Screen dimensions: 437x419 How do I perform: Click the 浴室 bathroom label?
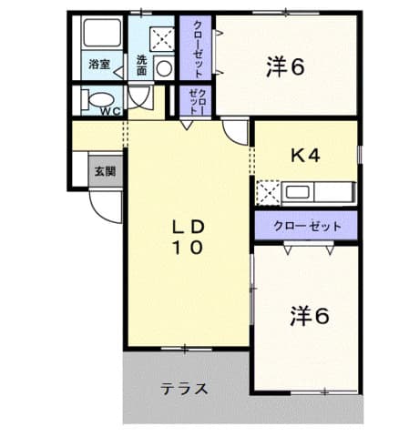[99, 64]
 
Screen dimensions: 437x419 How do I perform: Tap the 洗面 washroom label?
[143, 66]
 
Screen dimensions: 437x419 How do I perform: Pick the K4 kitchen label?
[305, 156]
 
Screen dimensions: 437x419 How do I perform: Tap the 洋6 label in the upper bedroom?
[285, 66]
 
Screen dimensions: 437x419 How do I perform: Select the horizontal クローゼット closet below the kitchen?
[306, 225]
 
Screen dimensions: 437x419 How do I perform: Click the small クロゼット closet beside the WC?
[197, 101]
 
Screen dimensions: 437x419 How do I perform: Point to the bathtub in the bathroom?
[99, 36]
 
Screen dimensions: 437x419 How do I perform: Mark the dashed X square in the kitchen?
[268, 192]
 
